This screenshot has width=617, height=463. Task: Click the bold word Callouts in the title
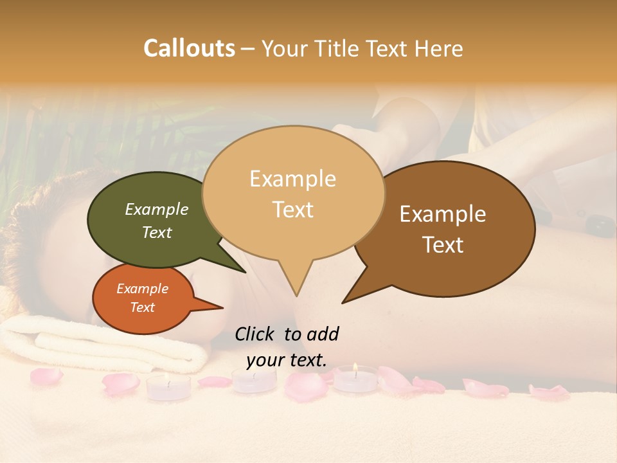[189, 48]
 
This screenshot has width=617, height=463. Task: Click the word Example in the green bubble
[157, 210]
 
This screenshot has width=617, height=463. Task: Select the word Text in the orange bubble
[142, 307]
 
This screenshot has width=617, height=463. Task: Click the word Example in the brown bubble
[443, 214]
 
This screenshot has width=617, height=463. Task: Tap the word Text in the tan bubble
[293, 210]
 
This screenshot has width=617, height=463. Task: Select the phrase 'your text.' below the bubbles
[287, 360]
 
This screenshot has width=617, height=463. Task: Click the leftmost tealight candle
[168, 386]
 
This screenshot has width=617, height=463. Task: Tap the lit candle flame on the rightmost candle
[355, 368]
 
